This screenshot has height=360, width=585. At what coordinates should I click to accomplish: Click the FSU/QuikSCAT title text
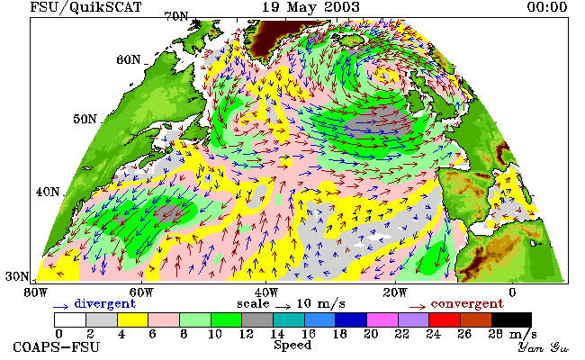[85, 7]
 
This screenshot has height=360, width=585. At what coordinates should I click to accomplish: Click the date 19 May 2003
[310, 7]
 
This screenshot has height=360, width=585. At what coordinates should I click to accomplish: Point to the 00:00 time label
[547, 7]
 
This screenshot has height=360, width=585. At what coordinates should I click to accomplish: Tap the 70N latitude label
[176, 17]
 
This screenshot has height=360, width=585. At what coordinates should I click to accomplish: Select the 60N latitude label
[129, 59]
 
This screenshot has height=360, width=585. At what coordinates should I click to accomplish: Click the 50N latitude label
[85, 120]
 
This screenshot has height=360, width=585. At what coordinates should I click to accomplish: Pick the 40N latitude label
[48, 192]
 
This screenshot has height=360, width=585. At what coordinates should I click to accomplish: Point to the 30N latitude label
[17, 276]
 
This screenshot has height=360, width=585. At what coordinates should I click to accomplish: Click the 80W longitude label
[36, 292]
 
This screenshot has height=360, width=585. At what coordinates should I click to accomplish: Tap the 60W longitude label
[142, 292]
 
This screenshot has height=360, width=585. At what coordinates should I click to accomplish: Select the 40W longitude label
[266, 292]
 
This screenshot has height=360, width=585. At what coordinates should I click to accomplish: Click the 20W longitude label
[395, 292]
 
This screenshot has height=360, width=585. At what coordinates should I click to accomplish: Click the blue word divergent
[104, 303]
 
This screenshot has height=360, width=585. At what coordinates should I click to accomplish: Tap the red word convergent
[467, 303]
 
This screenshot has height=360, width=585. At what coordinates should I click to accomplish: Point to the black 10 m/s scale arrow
[283, 307]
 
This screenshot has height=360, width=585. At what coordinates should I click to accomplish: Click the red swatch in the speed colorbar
[445, 320]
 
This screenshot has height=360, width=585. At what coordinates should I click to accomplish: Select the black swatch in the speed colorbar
[511, 320]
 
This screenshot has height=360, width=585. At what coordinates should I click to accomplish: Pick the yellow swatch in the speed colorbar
[133, 320]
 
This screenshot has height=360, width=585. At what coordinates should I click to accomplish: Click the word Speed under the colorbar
[292, 345]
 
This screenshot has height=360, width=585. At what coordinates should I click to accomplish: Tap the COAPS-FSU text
[57, 346]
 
